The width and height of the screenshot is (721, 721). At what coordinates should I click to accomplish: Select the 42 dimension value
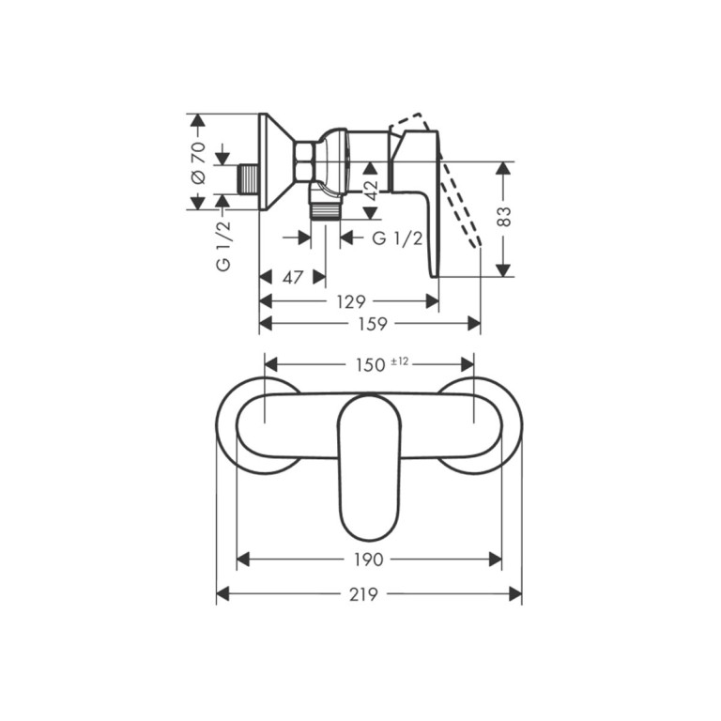point(370,191)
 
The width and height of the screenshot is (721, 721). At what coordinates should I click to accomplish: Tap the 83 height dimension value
point(504,216)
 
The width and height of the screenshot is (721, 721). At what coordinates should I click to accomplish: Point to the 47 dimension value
point(293,277)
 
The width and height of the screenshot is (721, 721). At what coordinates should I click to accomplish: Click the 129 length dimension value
point(351,302)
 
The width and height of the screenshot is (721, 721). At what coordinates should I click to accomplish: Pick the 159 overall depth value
point(373,324)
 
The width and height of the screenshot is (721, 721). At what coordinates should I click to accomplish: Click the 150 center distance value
point(370,365)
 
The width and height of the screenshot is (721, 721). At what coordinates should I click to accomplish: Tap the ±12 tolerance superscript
point(399,361)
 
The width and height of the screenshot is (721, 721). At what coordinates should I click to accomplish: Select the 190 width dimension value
point(368,560)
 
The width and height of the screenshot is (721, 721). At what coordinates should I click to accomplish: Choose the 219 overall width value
point(363,594)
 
